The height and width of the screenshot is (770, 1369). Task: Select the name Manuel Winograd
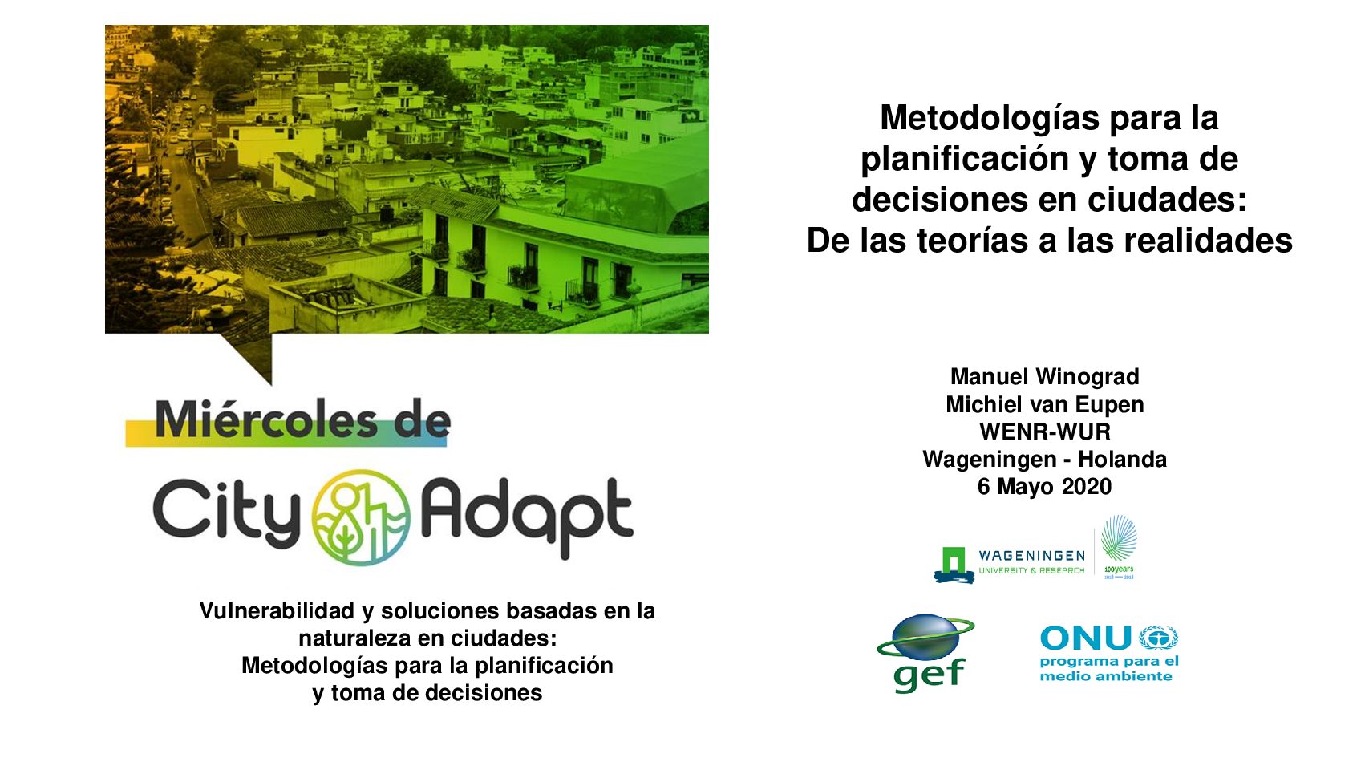[x=1044, y=376]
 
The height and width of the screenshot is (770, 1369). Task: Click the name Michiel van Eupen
[x=1044, y=404]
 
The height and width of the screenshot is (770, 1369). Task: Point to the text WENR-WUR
[x=1044, y=432]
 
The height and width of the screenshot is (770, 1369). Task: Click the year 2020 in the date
[x=1087, y=486]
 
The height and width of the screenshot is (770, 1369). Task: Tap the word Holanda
[x=1122, y=459]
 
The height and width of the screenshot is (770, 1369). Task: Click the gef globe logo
[x=925, y=653]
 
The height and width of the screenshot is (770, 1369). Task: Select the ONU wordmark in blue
[x=1085, y=638]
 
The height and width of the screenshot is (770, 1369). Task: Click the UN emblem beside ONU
[x=1159, y=638]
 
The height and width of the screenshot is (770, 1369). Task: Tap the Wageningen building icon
[x=954, y=565]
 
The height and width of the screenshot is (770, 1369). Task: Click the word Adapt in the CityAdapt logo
[x=528, y=517]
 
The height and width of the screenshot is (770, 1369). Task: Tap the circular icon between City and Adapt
[x=361, y=517]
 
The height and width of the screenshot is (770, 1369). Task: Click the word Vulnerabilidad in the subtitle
[x=277, y=610]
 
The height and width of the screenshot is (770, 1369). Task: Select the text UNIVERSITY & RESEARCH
[x=1031, y=571]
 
